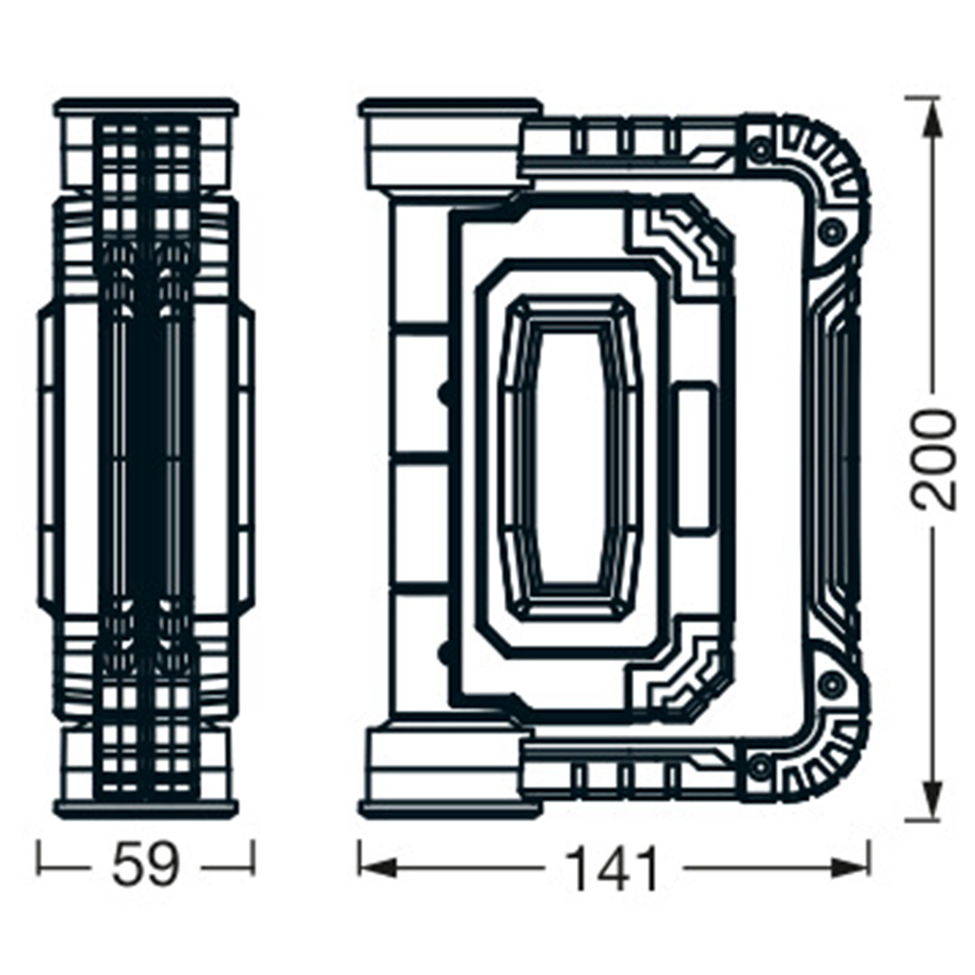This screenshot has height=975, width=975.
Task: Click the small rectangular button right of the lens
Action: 694,458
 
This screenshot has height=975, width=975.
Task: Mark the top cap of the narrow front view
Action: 145,108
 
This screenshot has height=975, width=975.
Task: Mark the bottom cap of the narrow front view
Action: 145,808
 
